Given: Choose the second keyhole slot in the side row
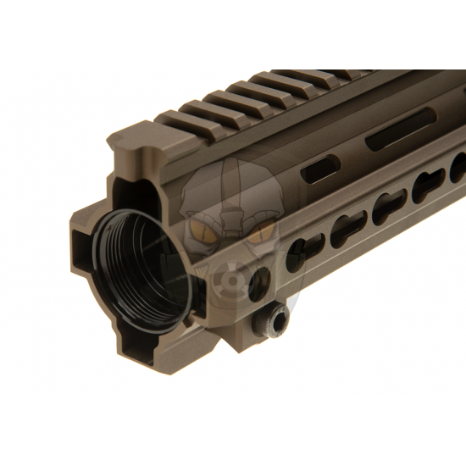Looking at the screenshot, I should point(348,226).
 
